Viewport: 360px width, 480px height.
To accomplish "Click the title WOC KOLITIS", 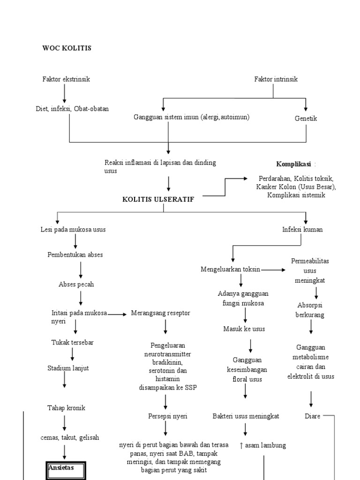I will pos(67,48).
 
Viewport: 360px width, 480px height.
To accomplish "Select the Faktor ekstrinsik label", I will pos(66,79).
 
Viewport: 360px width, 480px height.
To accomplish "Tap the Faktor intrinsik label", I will pos(276,79).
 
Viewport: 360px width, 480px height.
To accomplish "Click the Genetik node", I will pos(306,118).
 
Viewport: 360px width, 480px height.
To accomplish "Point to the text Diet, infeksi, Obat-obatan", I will pos(72,109).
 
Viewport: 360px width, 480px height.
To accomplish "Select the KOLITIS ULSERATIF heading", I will pos(158,199).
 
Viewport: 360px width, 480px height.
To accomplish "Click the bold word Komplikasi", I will pos(294,165).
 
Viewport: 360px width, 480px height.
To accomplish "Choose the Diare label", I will pos(313,416).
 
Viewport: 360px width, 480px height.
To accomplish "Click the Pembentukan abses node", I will pos(75,255).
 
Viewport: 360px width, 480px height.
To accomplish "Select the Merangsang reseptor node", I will pos(161,313).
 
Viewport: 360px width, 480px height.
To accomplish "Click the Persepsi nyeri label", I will pos(165,416).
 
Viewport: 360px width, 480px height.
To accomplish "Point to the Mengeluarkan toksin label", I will pos(231,269).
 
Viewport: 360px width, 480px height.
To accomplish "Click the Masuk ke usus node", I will pos(244,329).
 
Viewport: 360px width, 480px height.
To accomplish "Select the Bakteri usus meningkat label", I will pos(246,416).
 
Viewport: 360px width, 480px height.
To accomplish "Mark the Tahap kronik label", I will pos(66,407).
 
